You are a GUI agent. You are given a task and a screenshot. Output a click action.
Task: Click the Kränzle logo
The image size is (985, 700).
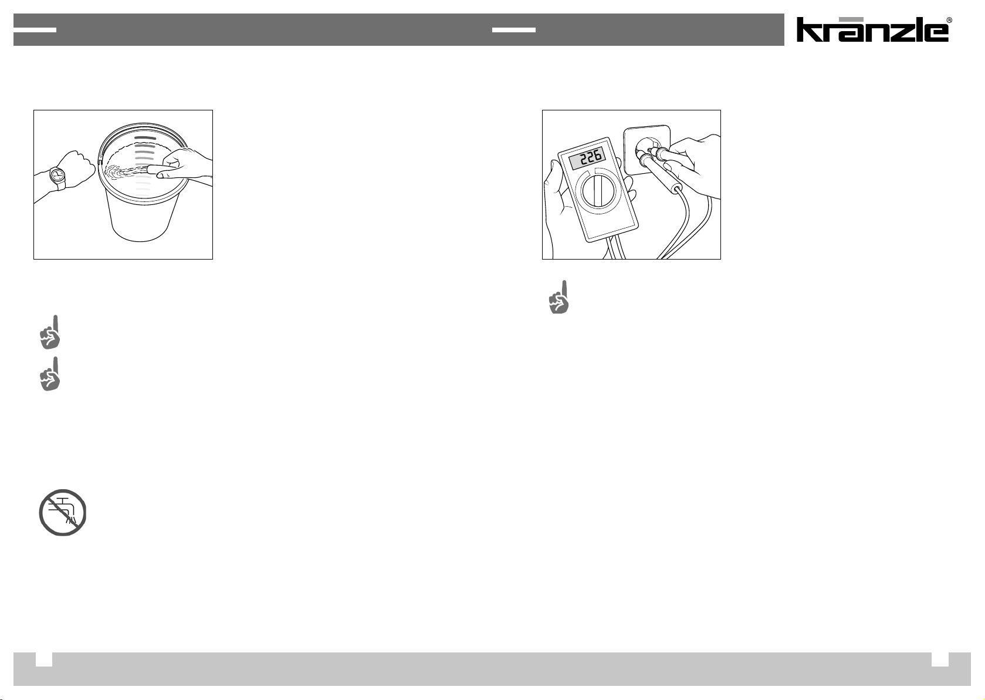pyautogui.click(x=872, y=29)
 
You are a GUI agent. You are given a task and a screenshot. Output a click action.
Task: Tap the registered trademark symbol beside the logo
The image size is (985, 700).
pyautogui.click(x=949, y=20)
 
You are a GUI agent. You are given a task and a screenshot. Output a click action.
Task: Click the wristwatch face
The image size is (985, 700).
pyautogui.click(x=57, y=175)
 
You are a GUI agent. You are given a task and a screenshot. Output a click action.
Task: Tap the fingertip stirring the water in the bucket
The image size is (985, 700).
pyautogui.click(x=150, y=169)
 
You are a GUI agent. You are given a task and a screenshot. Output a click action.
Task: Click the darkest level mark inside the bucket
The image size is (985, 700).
pyautogui.click(x=145, y=138)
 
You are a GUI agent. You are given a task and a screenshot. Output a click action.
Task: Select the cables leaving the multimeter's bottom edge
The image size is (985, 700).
pyautogui.click(x=614, y=250)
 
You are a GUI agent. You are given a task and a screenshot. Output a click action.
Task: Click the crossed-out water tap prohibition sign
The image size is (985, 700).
pyautogui.click(x=62, y=513)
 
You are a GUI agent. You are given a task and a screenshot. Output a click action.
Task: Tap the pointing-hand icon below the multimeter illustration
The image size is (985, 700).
pyautogui.click(x=559, y=297)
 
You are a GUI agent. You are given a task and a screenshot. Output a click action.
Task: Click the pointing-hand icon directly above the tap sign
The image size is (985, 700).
pyautogui.click(x=50, y=373)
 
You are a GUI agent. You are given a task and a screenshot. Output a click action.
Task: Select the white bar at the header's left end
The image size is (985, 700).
pyautogui.click(x=35, y=30)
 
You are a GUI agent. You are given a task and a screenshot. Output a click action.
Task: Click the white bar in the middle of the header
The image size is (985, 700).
pyautogui.click(x=513, y=30)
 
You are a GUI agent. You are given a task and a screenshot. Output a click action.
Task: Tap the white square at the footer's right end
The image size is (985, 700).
pyautogui.click(x=940, y=659)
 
